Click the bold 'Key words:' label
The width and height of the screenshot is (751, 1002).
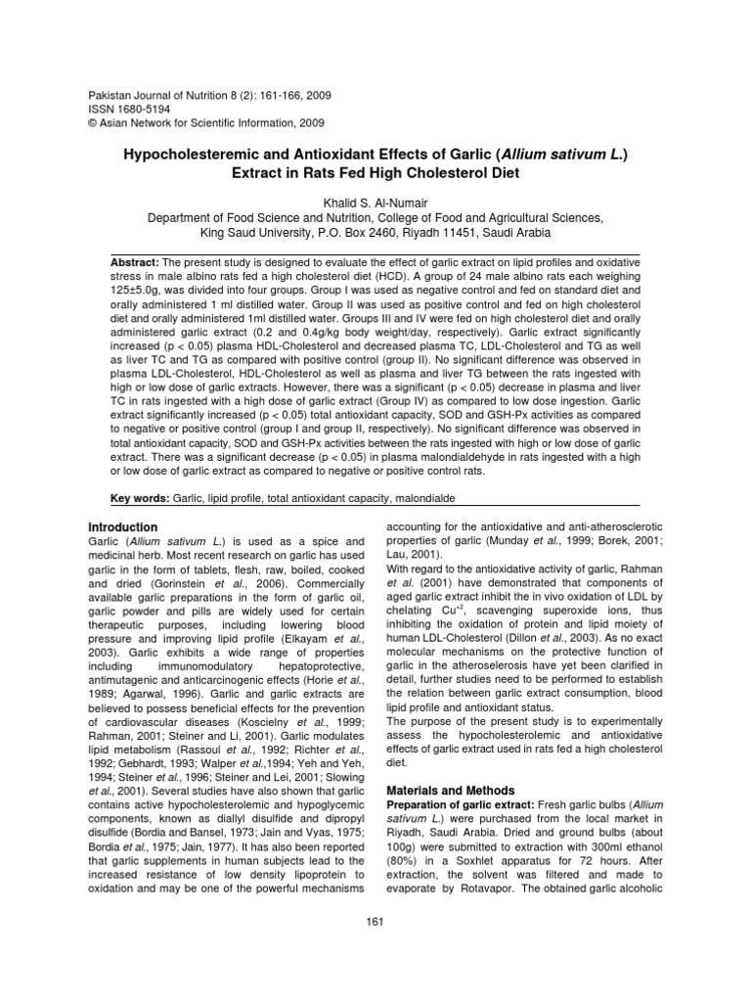[140, 498]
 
